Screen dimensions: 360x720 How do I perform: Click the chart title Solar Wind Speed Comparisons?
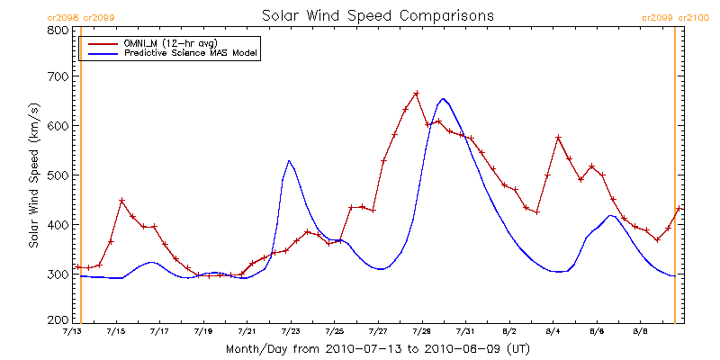coord(377,15)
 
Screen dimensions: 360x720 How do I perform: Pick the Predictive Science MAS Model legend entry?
coord(191,54)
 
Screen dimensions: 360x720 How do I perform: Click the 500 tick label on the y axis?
coord(58,175)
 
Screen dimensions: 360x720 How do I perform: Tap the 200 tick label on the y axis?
coord(58,319)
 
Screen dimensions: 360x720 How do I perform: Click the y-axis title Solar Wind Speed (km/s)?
coord(34,175)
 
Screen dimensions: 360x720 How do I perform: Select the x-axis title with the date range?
coord(377,348)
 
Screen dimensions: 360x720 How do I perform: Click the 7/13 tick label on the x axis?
coord(71,332)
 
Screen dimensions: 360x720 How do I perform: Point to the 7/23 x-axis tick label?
coord(290,332)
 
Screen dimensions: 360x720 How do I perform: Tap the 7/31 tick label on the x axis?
coord(465,332)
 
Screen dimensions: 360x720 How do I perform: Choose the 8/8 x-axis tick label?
coord(640,332)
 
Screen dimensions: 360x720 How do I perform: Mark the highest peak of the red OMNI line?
coord(417,93)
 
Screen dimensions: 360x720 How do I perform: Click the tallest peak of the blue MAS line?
coord(443,99)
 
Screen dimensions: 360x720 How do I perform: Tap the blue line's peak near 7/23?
coord(289,161)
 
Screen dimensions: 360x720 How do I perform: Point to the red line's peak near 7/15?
coord(121,200)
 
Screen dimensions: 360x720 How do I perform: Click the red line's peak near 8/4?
coord(559,137)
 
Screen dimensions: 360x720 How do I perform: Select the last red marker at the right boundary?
coord(679,209)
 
